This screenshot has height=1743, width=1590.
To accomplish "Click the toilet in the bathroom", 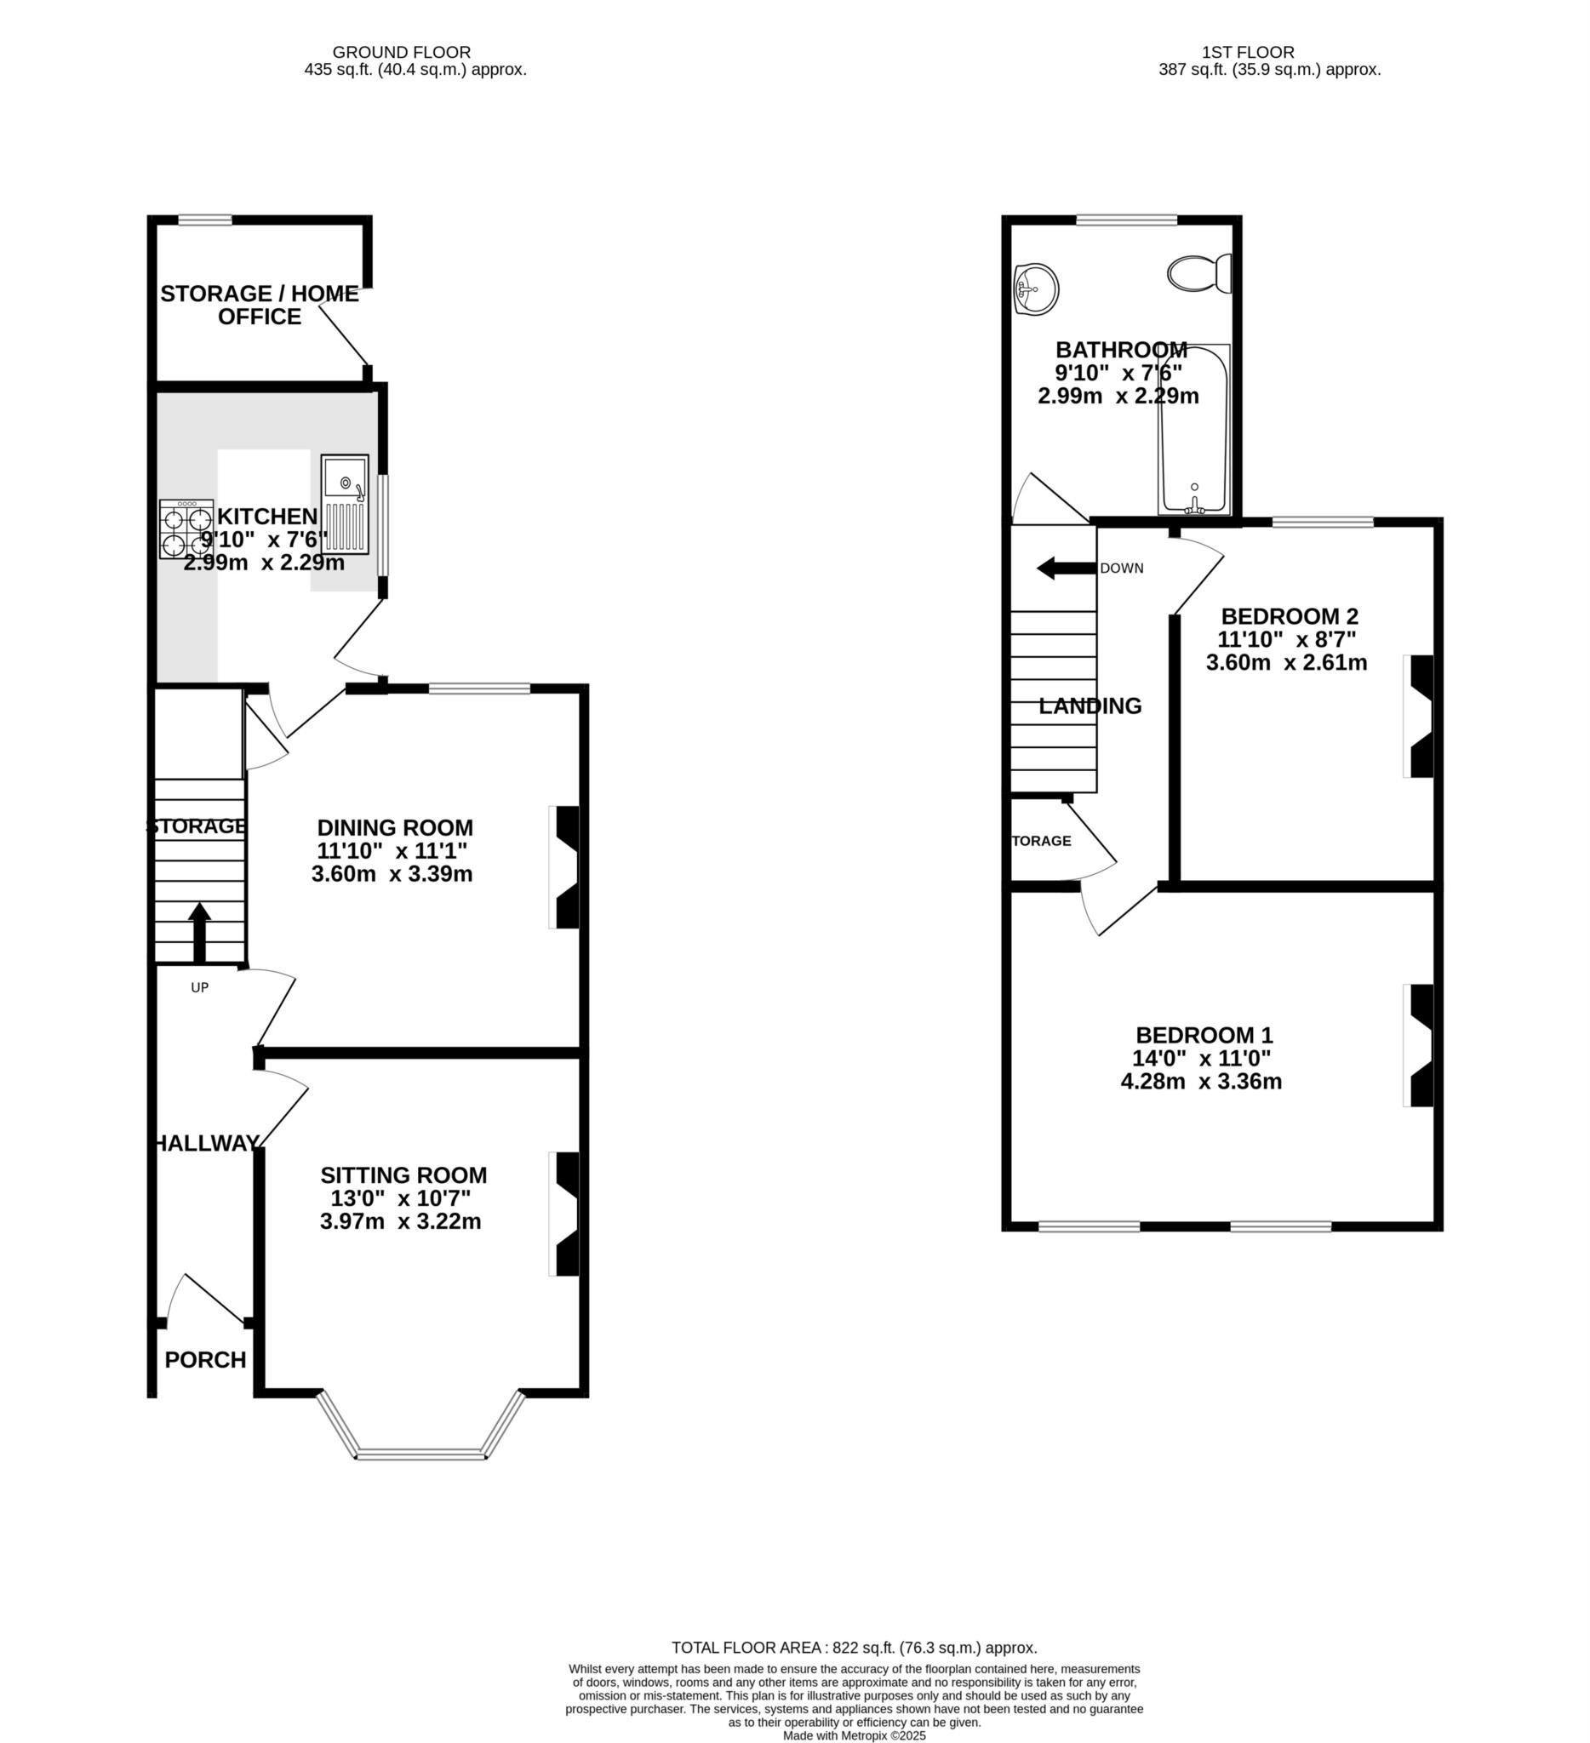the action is (x=1200, y=273).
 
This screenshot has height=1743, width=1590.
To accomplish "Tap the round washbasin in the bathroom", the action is (x=1036, y=287).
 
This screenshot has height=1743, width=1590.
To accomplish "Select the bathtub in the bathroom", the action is (x=1195, y=429).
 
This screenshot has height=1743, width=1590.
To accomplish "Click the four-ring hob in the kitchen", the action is (x=186, y=529).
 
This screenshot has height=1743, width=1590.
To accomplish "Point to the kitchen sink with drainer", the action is (x=345, y=505).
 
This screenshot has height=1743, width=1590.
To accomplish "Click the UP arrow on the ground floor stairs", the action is (x=200, y=932).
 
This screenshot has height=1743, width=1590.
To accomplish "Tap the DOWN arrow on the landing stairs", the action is (x=1066, y=568).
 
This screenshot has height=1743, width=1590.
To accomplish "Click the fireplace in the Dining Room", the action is (x=563, y=868).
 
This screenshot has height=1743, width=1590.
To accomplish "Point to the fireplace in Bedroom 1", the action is (x=1418, y=1045).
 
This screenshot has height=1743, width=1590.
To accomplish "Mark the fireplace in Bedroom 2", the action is (x=1418, y=717).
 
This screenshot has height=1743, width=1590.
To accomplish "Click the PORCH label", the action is (x=206, y=1360).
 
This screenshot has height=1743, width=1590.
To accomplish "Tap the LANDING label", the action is (x=1090, y=706).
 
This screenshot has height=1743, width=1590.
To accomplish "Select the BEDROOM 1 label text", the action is (x=1204, y=1035).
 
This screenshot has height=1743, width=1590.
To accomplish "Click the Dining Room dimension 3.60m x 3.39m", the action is (x=392, y=873).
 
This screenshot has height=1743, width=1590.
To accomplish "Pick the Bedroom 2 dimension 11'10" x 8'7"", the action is (x=1287, y=640).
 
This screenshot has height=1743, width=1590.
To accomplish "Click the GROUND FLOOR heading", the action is (x=402, y=53).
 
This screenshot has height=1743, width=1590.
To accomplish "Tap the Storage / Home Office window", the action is (x=205, y=220).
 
